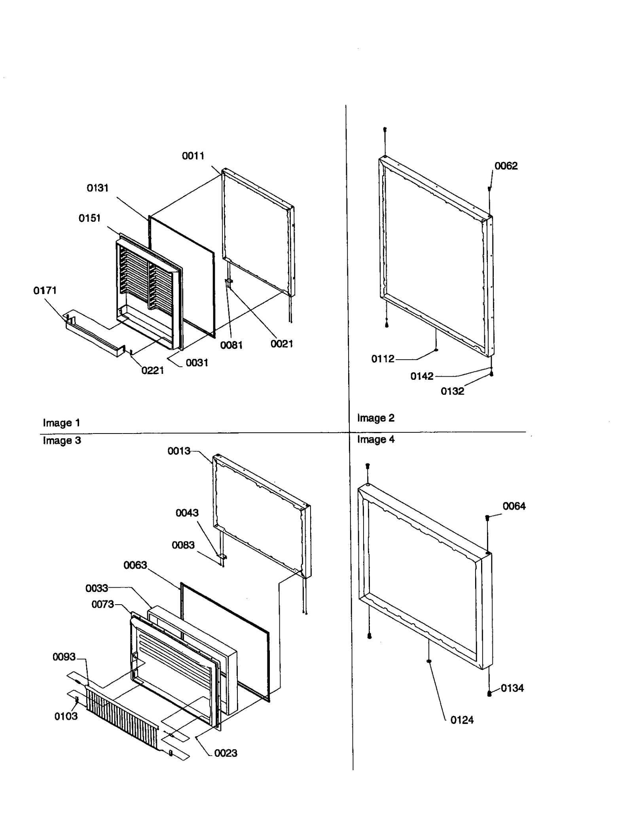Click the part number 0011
click(193, 156)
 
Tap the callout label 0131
click(97, 188)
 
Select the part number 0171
click(45, 290)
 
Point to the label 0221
click(152, 370)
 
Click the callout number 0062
click(506, 166)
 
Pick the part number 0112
click(383, 359)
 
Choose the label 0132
click(452, 391)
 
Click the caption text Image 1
click(61, 423)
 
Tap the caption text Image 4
click(375, 439)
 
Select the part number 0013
click(179, 451)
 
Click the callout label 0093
click(64, 657)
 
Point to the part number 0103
click(66, 716)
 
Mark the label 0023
click(226, 753)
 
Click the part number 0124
click(462, 720)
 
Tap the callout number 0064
click(514, 506)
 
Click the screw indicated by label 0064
click(487, 517)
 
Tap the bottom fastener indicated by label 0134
click(489, 693)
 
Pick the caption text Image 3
click(62, 440)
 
